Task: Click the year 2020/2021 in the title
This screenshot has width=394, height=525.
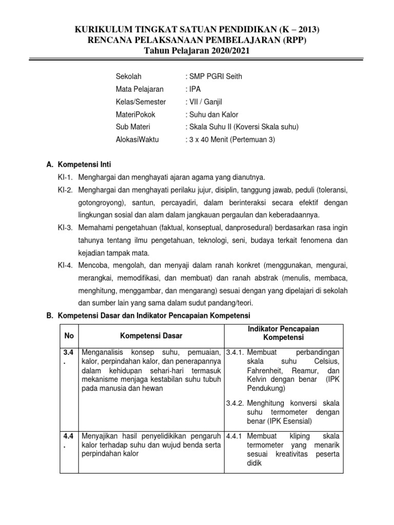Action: (x=227, y=51)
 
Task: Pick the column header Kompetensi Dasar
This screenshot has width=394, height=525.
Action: (x=151, y=335)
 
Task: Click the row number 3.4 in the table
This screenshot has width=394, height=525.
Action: (x=67, y=357)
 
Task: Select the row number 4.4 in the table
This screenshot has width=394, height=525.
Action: (x=67, y=441)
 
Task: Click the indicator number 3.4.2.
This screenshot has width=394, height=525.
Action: (x=236, y=402)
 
